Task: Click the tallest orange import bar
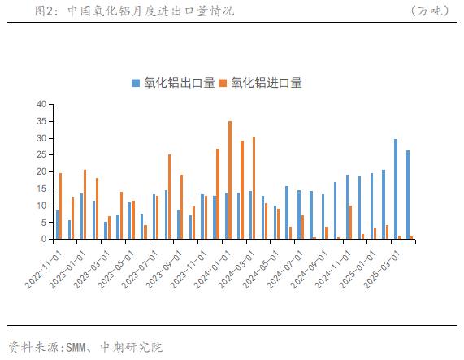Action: pos(230,180)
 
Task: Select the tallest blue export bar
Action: pos(396,189)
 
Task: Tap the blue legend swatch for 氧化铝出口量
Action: pos(136,83)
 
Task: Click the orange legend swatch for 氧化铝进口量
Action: pos(223,83)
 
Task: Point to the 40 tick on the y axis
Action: pos(41,104)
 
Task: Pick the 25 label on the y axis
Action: pos(41,154)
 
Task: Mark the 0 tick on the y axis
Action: pos(44,239)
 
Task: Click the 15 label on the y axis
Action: pos(41,189)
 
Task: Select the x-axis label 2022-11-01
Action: pos(44,270)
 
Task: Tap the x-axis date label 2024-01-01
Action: pos(213,270)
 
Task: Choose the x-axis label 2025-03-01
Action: pos(382,270)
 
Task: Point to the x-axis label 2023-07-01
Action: pos(141,270)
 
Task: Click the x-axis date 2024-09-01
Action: pos(310,270)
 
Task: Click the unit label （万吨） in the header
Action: pos(430,11)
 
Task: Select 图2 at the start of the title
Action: pos(44,11)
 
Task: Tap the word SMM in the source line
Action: pos(76,347)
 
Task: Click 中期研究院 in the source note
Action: pos(132,347)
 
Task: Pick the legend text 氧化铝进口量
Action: pos(267,83)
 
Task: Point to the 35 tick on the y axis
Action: pos(41,121)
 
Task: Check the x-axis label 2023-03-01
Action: pos(92,270)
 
